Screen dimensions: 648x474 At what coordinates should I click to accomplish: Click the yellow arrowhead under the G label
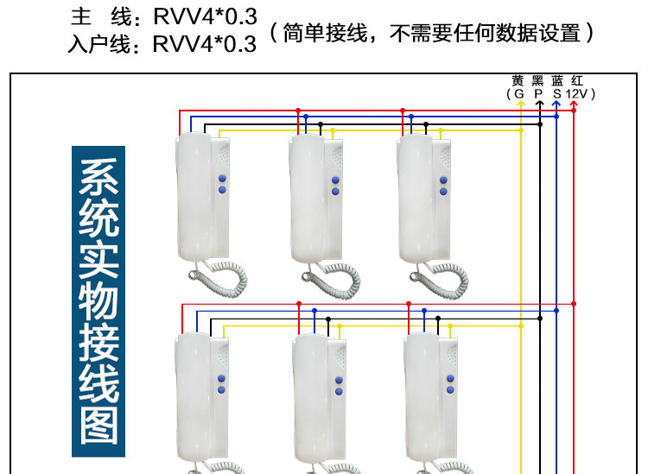point(521,104)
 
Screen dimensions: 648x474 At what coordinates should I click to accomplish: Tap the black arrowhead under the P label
point(540,104)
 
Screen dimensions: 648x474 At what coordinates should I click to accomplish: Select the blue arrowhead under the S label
point(556,104)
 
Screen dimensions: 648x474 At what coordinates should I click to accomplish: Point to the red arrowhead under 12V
point(574,104)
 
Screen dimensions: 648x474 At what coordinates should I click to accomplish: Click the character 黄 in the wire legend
point(518,80)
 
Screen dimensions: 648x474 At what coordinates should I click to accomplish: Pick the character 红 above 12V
point(577,80)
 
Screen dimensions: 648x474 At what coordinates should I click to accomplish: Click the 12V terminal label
point(576,94)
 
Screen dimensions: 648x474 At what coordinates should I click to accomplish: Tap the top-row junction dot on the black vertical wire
point(540,123)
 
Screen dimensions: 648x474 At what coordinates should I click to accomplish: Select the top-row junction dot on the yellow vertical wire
point(521,130)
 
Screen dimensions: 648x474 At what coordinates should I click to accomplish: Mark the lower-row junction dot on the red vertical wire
point(574,304)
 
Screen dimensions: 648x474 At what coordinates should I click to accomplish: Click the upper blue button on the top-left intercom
point(222,179)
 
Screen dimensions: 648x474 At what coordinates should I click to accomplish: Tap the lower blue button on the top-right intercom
point(443,192)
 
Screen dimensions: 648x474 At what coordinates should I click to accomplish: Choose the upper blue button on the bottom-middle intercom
point(339,380)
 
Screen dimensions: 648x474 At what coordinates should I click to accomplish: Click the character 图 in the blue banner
point(98,427)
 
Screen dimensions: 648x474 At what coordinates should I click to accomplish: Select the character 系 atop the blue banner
point(98,176)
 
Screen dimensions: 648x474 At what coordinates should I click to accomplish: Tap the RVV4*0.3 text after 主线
point(205,16)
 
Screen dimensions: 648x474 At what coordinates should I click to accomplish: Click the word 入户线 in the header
point(99,44)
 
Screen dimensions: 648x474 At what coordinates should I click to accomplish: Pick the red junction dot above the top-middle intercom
point(298,111)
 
